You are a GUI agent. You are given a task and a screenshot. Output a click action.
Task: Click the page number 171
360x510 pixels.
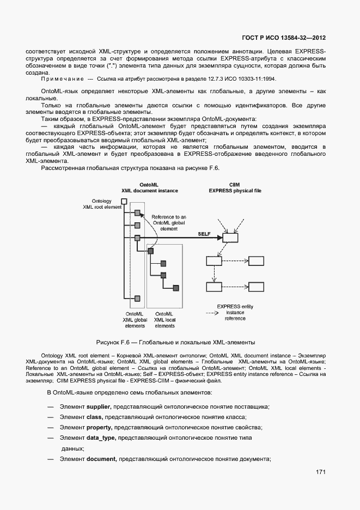(x=320, y=472)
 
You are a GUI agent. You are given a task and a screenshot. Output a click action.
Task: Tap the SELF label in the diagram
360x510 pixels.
(x=204, y=233)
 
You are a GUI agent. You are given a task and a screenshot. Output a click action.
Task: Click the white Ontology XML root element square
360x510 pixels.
(x=124, y=202)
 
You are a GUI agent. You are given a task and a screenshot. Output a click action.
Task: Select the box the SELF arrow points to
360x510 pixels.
(x=230, y=238)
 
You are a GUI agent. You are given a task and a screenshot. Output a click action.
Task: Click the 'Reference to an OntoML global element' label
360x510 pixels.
(x=169, y=222)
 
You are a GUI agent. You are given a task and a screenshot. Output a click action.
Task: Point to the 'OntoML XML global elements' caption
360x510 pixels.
(x=135, y=320)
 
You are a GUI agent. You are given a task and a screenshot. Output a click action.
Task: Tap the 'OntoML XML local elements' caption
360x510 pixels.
(x=164, y=320)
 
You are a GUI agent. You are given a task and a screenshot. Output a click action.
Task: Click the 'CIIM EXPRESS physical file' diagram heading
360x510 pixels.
(x=235, y=188)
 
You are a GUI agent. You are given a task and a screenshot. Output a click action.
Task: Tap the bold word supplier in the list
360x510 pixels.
(x=99, y=406)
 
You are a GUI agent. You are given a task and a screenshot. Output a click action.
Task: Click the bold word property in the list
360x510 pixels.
(x=99, y=427)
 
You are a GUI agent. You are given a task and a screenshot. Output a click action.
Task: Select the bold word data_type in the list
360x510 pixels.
(x=101, y=438)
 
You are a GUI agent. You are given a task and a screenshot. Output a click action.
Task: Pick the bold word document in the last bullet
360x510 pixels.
(x=101, y=459)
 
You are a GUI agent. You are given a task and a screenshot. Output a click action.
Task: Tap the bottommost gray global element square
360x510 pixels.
(x=138, y=298)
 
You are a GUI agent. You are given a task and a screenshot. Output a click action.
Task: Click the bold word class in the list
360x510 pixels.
(x=95, y=417)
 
